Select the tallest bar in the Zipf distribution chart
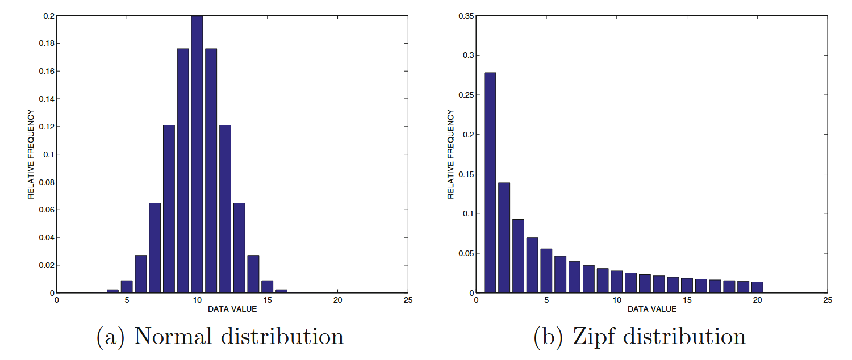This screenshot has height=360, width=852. click(x=490, y=182)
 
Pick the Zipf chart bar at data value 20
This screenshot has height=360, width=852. click(x=757, y=287)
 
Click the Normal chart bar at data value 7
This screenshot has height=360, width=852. click(x=155, y=248)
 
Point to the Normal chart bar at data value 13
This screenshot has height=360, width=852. click(x=239, y=248)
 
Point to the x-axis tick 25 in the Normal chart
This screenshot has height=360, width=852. click(x=408, y=300)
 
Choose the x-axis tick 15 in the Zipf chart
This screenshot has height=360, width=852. click(x=687, y=300)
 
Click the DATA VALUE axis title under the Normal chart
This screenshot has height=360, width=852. click(x=232, y=309)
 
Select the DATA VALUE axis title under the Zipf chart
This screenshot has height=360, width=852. click(x=652, y=309)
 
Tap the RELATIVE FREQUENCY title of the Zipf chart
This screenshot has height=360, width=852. click(x=451, y=154)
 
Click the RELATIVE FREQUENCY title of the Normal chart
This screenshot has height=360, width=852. click(x=31, y=154)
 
